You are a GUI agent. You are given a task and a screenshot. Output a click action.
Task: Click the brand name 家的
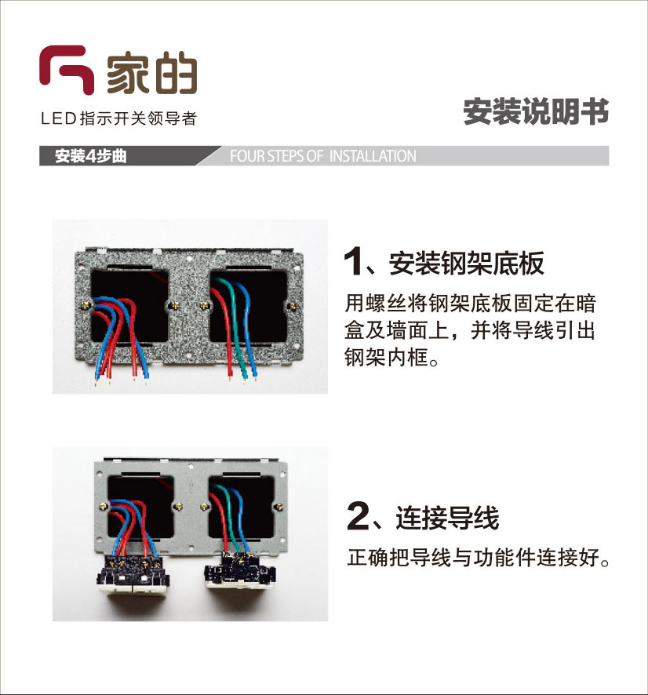[151, 72]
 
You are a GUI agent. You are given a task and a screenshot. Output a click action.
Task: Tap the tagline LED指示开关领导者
[118, 118]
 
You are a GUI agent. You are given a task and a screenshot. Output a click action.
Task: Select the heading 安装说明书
[536, 111]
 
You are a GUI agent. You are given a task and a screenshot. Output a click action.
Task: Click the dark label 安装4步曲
[90, 156]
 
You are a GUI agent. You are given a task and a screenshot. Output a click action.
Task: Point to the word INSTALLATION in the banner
[373, 156]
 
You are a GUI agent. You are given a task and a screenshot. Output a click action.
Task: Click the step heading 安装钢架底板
[466, 264]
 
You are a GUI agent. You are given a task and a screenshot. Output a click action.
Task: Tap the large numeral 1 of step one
[353, 262]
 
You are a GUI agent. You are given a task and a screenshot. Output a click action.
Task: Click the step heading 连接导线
[447, 517]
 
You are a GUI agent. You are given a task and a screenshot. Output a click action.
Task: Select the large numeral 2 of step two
[357, 515]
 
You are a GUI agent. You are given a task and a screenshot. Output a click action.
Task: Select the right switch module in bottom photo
[240, 571]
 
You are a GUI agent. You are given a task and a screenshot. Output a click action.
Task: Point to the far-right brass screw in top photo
[293, 305]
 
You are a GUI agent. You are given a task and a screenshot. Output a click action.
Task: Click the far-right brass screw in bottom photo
[279, 506]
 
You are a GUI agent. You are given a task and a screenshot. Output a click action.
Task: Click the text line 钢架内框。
[391, 358]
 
